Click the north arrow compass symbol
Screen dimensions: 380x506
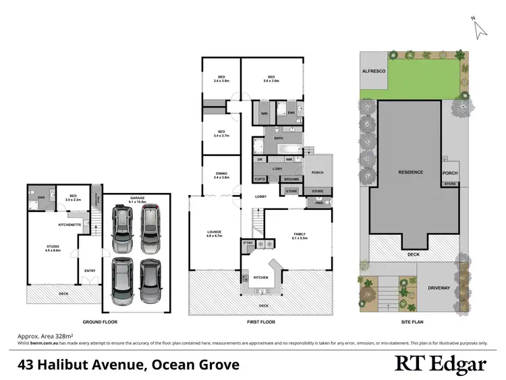pos(480,28)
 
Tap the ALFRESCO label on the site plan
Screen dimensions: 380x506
pos(373,70)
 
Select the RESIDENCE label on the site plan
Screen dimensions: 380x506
pos(410,172)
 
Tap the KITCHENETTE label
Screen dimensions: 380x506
pos(70,223)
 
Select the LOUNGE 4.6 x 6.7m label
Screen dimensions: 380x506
pos(215,234)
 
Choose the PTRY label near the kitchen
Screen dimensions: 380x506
pos(248,242)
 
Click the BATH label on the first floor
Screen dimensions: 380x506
pos(278,138)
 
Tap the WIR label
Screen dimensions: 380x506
pos(264,113)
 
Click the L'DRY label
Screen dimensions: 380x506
pos(276,168)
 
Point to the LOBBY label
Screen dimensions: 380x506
pos(260,196)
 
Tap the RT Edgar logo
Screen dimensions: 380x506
pos(440,364)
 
